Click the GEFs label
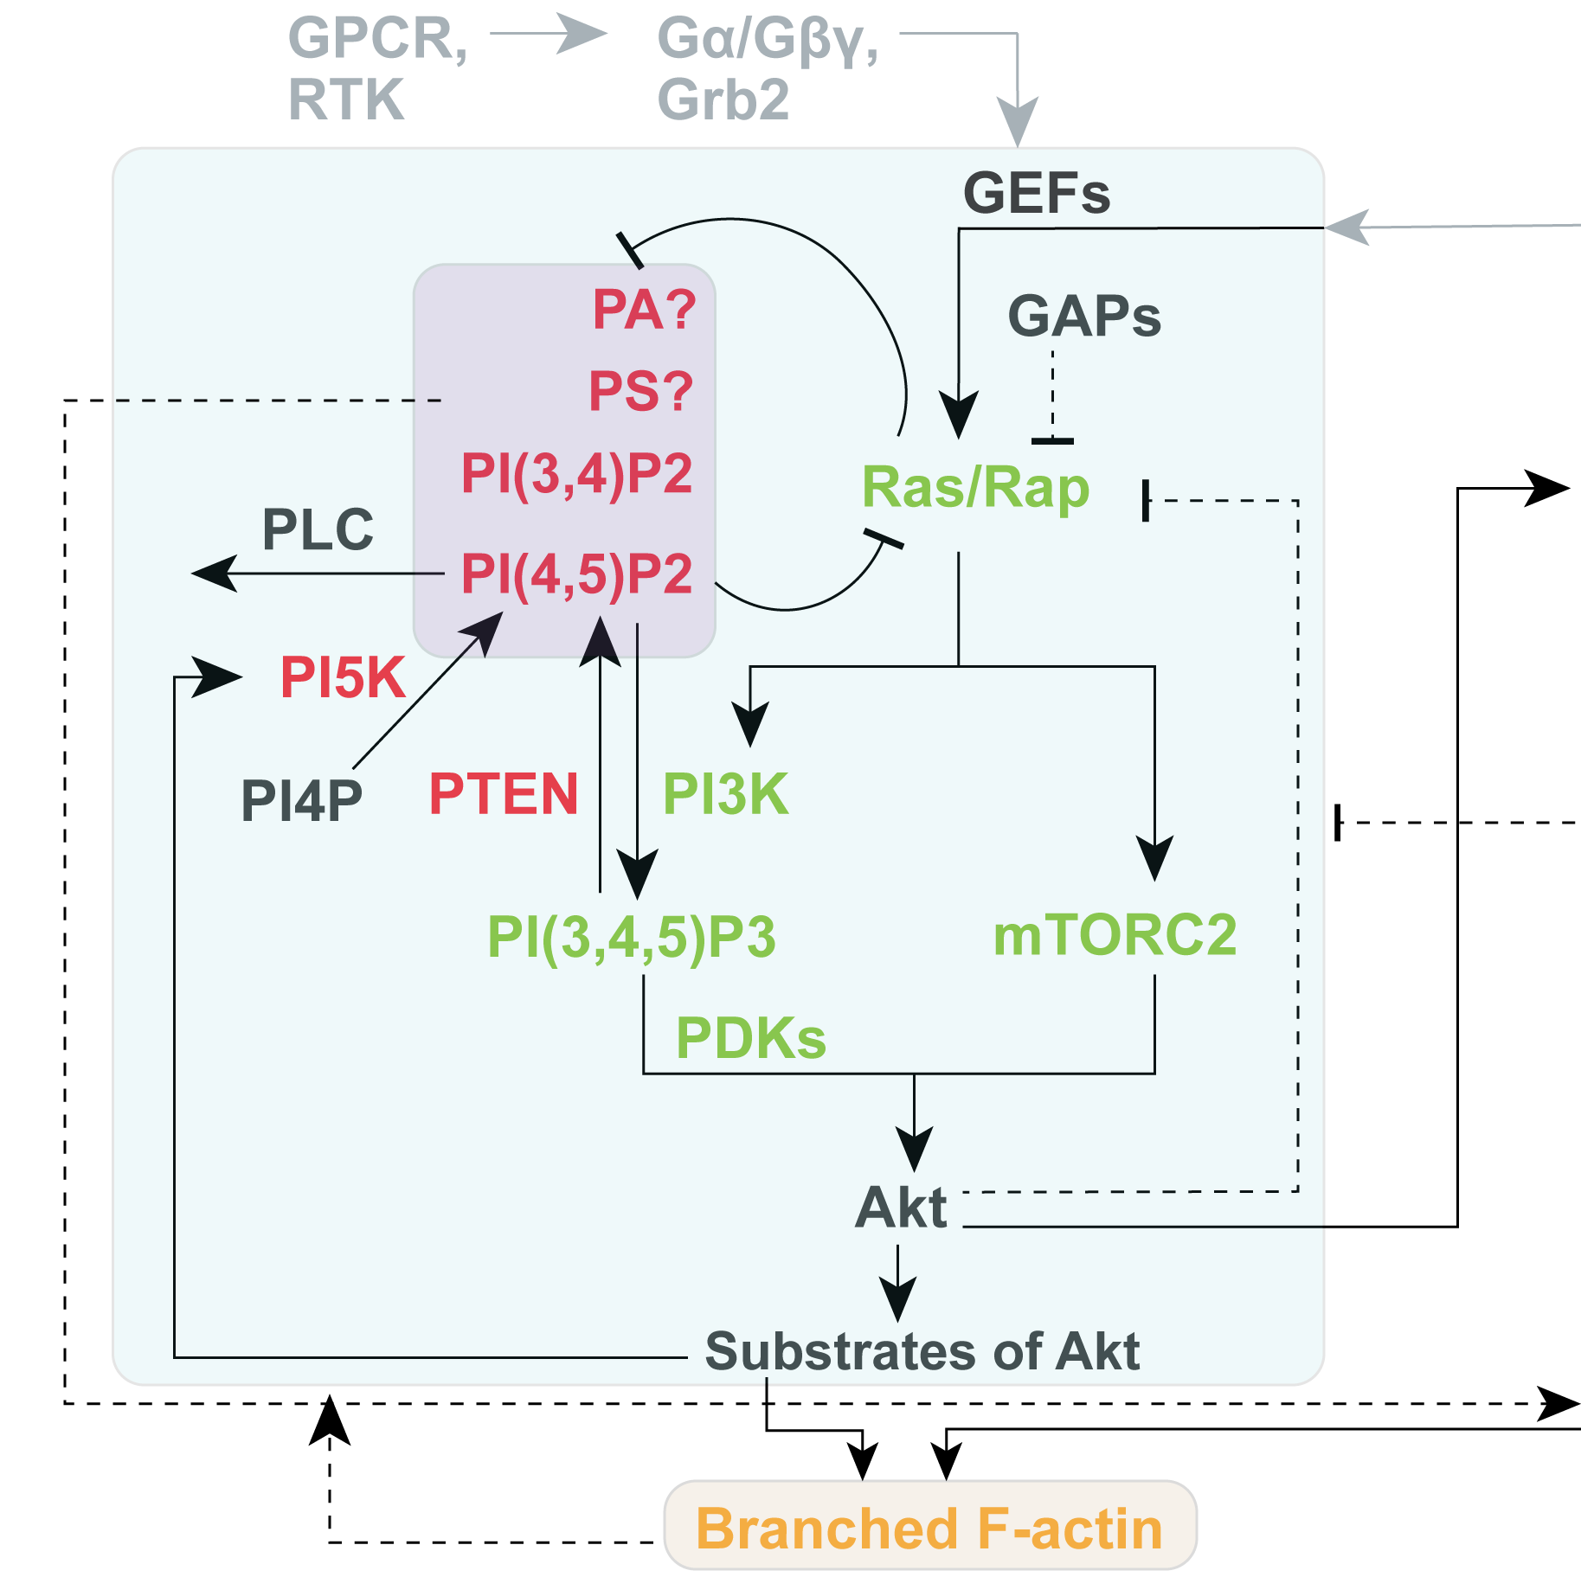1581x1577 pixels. pyautogui.click(x=1036, y=193)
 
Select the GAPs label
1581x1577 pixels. pyautogui.click(x=1083, y=316)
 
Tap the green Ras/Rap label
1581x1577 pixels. pyautogui.click(x=975, y=488)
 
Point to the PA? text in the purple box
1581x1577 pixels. pyautogui.click(x=644, y=309)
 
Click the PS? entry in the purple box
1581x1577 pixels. pyautogui.click(x=640, y=391)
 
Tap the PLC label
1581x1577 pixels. pyautogui.click(x=318, y=529)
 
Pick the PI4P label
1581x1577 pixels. pyautogui.click(x=301, y=800)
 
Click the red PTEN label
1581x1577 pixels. pyautogui.click(x=503, y=794)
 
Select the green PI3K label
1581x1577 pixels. pyautogui.click(x=725, y=794)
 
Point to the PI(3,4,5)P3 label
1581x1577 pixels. pyautogui.click(x=631, y=937)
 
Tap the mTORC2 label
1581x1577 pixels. pyautogui.click(x=1114, y=935)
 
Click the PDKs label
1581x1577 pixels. pyautogui.click(x=750, y=1038)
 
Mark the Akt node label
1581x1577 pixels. pyautogui.click(x=901, y=1208)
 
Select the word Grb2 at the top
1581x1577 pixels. pyautogui.click(x=723, y=99)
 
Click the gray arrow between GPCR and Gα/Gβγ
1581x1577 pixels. pyautogui.click(x=549, y=34)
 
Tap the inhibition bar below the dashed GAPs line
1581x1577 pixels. pyautogui.click(x=1052, y=441)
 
